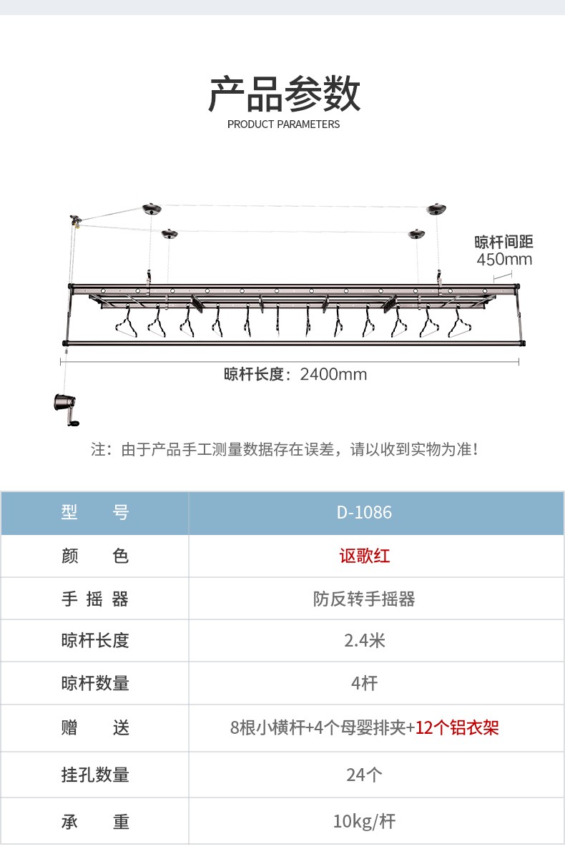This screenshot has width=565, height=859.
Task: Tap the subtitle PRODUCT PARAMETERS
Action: (283, 124)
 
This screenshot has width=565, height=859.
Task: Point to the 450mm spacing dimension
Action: (504, 259)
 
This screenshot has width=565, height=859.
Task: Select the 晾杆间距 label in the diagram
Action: (504, 242)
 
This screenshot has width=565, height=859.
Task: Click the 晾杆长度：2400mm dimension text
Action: (295, 374)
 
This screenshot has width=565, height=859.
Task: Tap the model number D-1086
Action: (364, 513)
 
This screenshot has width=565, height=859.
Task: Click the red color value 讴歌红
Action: (364, 556)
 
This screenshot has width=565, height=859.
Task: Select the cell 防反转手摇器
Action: (364, 599)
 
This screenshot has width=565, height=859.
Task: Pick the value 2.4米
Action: (364, 640)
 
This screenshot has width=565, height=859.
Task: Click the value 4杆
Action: (364, 683)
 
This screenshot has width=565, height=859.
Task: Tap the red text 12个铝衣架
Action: (457, 728)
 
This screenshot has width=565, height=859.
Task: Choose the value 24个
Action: (364, 774)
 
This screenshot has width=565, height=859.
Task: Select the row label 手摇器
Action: (94, 599)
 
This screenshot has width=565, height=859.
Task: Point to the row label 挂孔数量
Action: (94, 774)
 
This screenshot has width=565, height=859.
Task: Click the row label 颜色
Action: (94, 556)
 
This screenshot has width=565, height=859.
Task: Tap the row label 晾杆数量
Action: (94, 683)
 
